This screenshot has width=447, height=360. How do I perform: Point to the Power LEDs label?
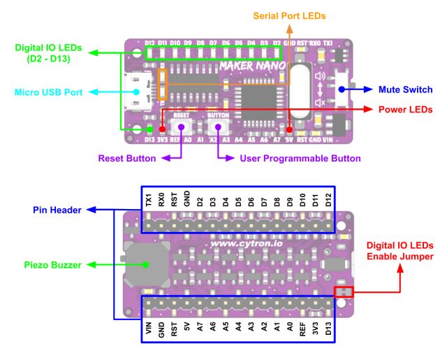pos(406,110)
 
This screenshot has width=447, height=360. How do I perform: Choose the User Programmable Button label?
pos(300,159)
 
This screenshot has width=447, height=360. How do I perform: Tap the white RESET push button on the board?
pos(182,127)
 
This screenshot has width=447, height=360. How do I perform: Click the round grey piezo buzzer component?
pos(145,264)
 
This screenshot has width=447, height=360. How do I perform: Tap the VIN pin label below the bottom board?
pos(149,328)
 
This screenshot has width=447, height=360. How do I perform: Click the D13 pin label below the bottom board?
pos(329,328)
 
